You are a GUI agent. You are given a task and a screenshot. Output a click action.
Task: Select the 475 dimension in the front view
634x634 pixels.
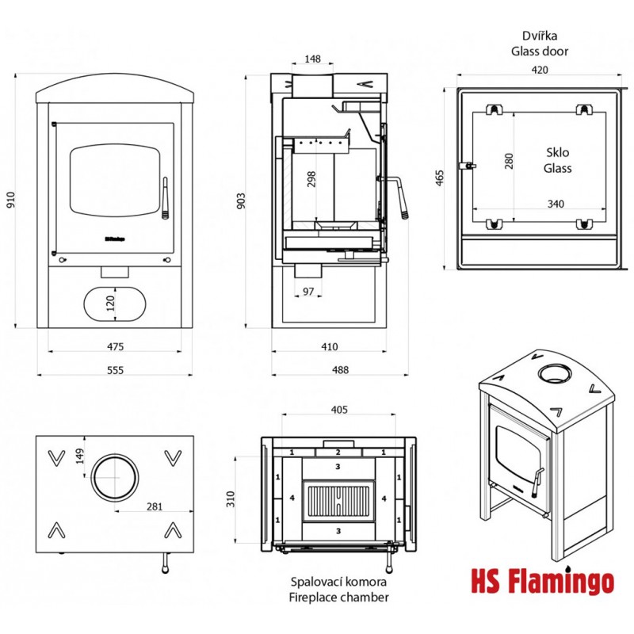[x=115, y=346]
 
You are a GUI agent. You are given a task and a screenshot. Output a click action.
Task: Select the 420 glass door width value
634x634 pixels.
[x=539, y=70]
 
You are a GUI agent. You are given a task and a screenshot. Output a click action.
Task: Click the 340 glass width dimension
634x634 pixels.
[x=556, y=204]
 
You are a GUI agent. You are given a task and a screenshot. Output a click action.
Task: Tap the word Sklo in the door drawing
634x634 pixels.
[x=558, y=152]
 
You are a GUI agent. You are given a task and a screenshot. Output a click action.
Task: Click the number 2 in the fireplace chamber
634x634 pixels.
[x=338, y=452]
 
